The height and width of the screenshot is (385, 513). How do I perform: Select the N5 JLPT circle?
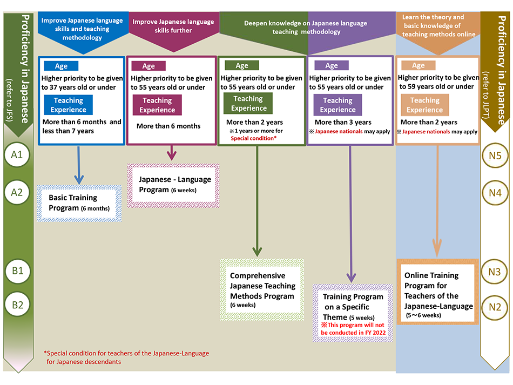(x=495, y=156)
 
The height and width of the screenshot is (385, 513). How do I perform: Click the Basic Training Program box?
(x=79, y=202)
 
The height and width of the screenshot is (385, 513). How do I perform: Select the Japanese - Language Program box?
(x=175, y=184)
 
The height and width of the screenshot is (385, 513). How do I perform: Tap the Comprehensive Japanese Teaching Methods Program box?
(x=262, y=290)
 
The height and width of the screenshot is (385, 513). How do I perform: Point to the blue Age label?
(x=61, y=66)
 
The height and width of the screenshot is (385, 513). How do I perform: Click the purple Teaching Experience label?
(x=337, y=105)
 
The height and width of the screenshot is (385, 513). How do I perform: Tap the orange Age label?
(x=418, y=65)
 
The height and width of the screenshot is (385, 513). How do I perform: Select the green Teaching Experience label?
(x=248, y=103)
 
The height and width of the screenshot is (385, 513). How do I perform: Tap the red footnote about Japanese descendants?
(x=126, y=357)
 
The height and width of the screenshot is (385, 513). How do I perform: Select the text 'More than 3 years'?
(x=343, y=122)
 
